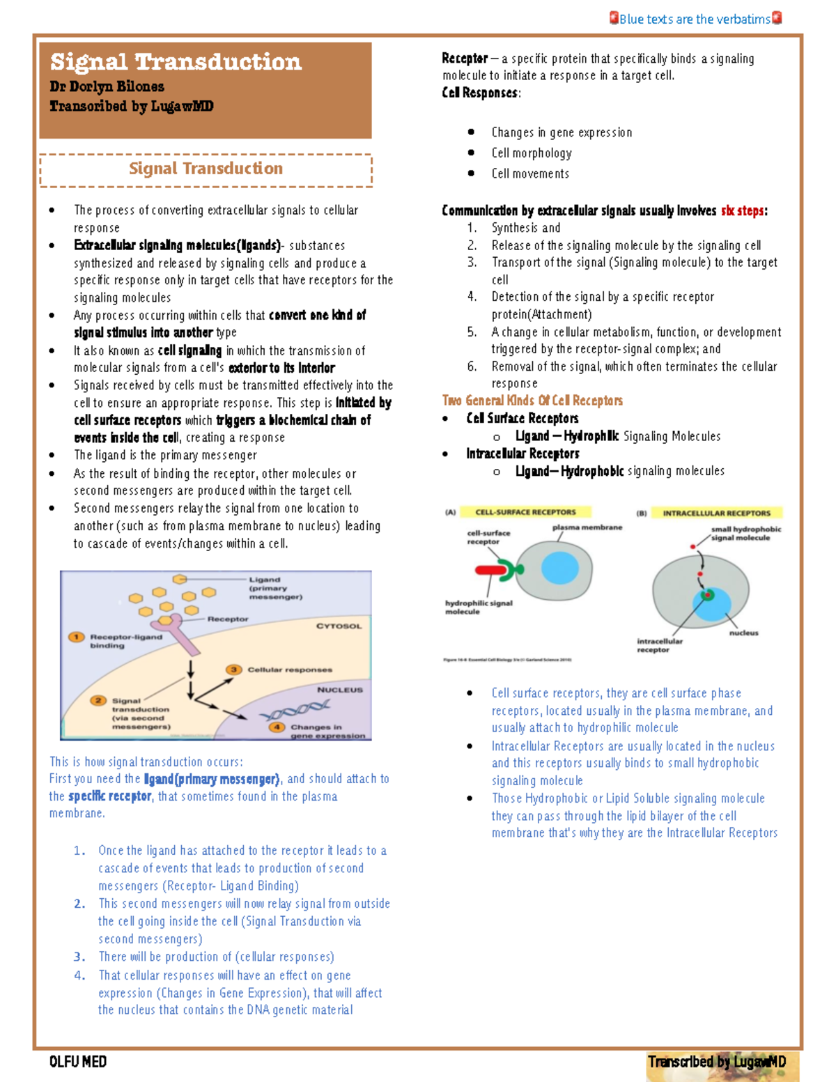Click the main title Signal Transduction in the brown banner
176,62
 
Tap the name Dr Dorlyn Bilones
107,86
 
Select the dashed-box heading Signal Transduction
206,169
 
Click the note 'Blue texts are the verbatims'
695,19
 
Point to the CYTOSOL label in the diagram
339,626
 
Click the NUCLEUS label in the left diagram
340,690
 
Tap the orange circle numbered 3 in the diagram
233,670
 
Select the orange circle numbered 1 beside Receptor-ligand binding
76,637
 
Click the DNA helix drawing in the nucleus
294,711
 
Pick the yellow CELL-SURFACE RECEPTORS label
525,512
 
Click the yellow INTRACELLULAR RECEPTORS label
716,513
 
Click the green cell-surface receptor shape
513,571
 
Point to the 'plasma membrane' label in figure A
587,527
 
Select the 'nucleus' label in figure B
743,633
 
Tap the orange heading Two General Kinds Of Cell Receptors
532,401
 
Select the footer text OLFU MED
78,1062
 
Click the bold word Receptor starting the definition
465,59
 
